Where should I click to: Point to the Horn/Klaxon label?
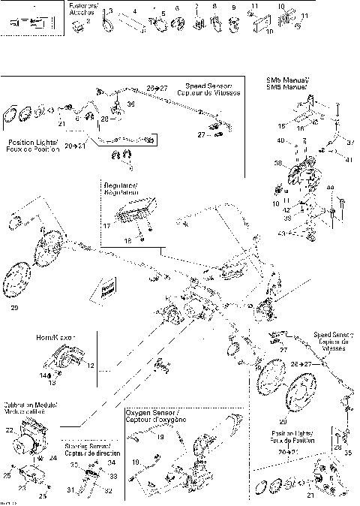click(x=54, y=338)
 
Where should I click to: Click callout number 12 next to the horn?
click(x=91, y=366)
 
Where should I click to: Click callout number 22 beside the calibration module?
click(x=9, y=429)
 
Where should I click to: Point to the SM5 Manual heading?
click(x=287, y=83)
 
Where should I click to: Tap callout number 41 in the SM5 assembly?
click(x=348, y=160)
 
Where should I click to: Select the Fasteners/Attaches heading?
click(x=79, y=8)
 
